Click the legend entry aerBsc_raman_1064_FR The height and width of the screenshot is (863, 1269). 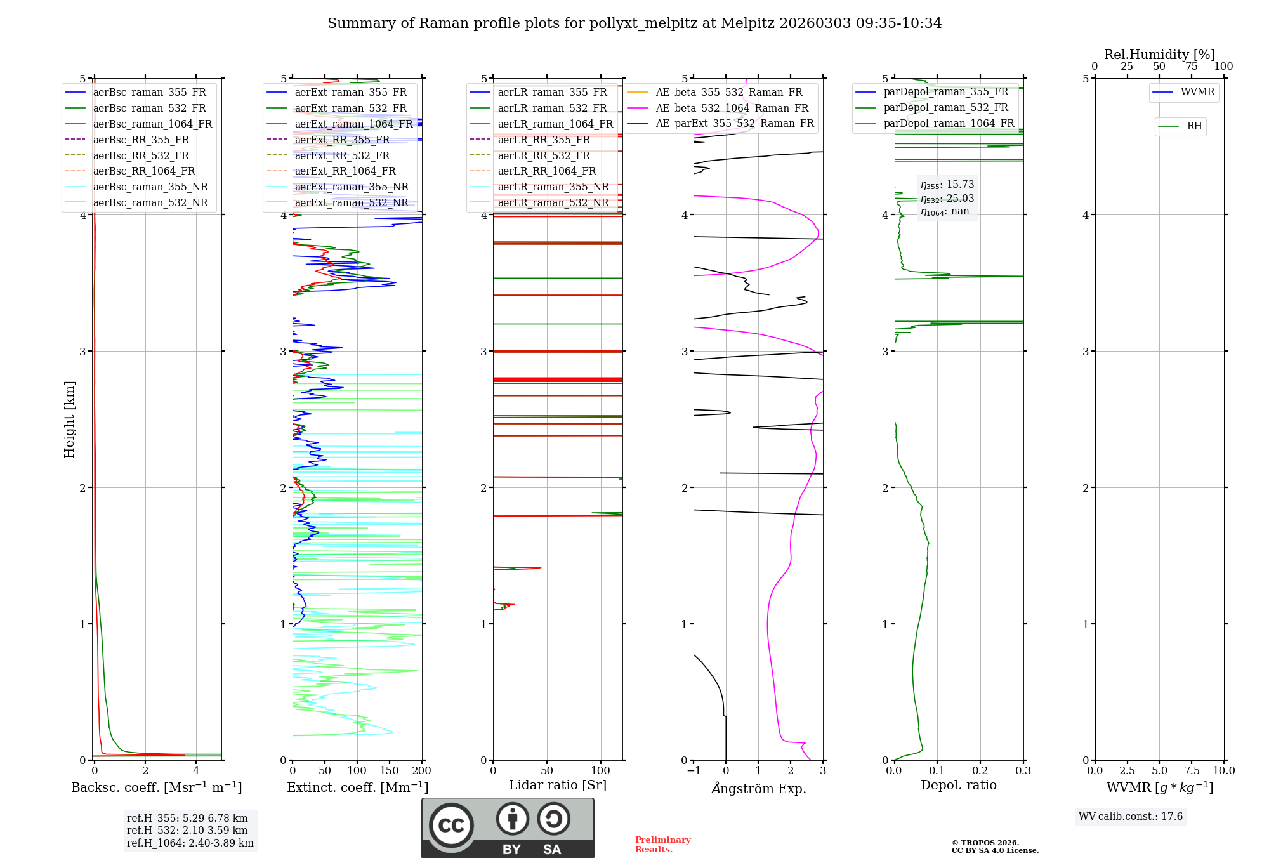point(152,124)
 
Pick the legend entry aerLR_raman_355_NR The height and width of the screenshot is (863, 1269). point(553,187)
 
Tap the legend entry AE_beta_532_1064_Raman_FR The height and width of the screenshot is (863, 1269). point(732,109)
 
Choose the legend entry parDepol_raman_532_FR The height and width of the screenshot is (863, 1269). point(945,108)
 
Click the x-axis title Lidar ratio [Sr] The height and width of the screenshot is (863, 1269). point(558,785)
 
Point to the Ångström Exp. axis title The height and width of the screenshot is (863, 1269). point(758,788)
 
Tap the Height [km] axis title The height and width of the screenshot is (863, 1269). point(69,419)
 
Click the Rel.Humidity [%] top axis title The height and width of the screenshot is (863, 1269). point(1159,55)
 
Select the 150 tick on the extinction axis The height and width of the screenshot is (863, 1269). point(390,771)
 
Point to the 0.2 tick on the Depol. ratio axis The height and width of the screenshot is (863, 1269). point(980,771)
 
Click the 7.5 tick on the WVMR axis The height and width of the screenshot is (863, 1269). point(1192,771)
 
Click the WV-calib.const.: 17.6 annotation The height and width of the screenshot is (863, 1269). point(1131,817)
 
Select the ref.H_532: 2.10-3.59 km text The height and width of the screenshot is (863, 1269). point(187,831)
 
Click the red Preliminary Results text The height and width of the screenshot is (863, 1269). point(662,845)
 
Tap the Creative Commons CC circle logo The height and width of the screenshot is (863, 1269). point(451,826)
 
